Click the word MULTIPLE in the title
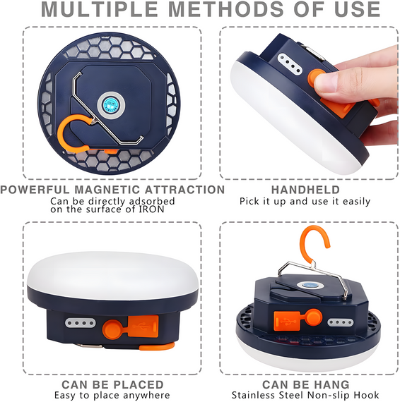[99, 9]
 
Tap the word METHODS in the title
[226, 9]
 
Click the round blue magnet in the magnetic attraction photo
[111, 105]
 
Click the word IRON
[151, 209]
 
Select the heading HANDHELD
[305, 190]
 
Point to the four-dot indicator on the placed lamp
[80, 323]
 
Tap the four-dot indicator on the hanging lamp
[341, 322]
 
